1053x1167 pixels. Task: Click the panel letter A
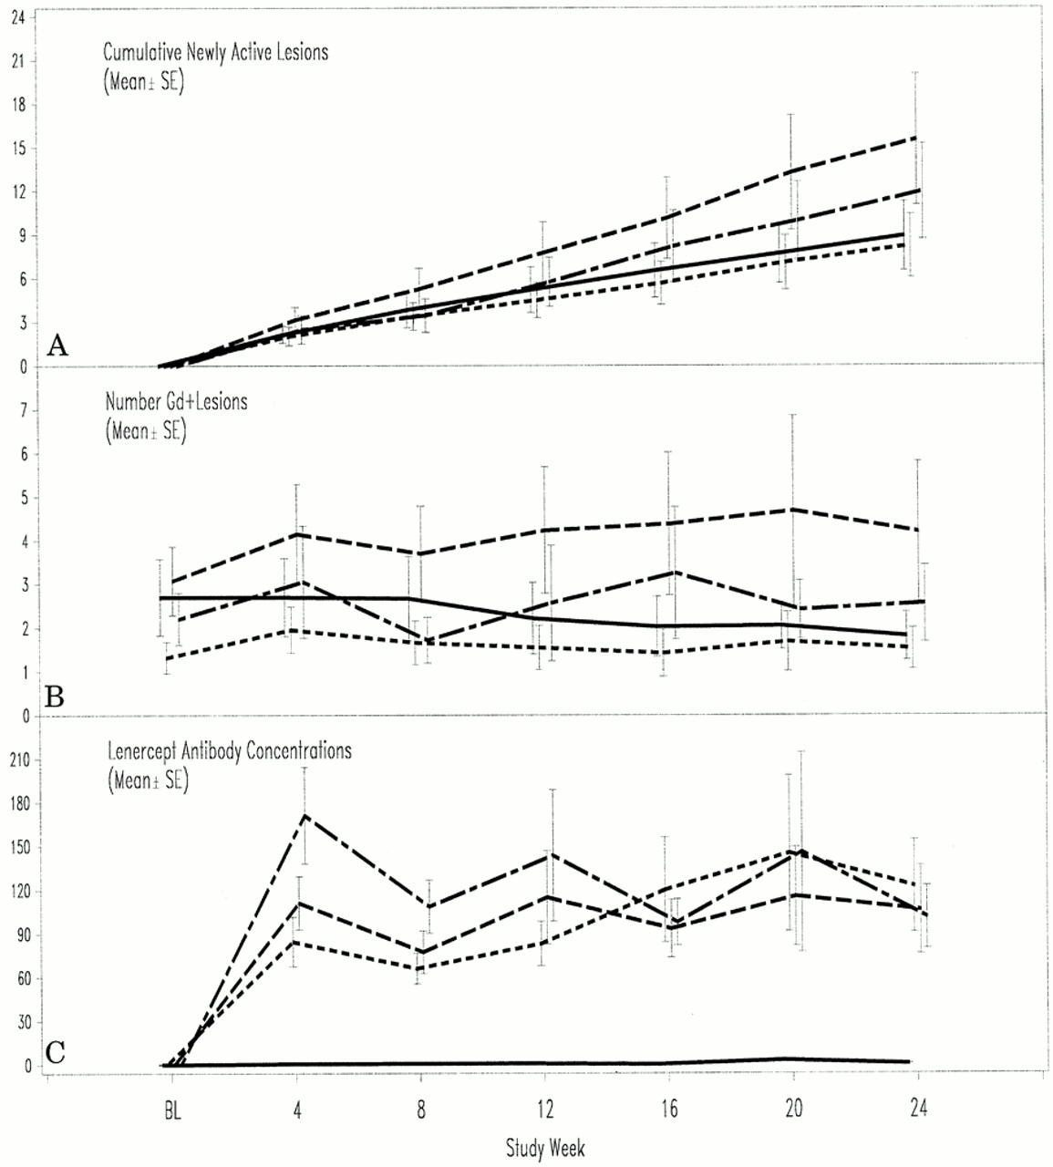tap(57, 346)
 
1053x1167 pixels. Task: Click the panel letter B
tap(55, 697)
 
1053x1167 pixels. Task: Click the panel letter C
tap(56, 1052)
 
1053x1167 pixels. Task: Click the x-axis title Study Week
tap(545, 1148)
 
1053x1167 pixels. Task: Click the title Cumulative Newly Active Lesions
tap(215, 52)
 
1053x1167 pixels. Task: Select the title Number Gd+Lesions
tap(176, 401)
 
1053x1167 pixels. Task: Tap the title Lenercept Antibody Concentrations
tap(229, 751)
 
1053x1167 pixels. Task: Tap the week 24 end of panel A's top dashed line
tap(916, 138)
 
